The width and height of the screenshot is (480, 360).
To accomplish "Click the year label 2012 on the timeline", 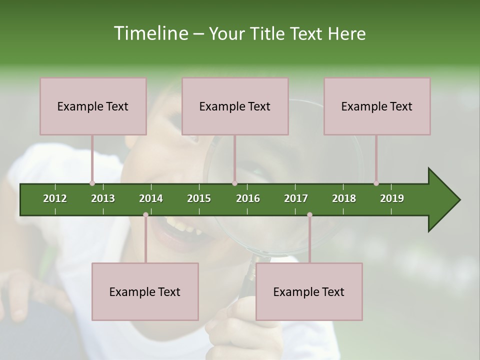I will [x=55, y=198].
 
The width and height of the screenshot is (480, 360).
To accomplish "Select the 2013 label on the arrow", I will [x=103, y=198].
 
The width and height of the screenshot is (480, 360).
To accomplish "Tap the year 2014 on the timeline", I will [x=151, y=198].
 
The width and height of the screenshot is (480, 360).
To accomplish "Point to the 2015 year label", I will [x=199, y=198].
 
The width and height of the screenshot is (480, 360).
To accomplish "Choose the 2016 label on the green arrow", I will [x=248, y=198].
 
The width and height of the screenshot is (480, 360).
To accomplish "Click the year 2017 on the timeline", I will [x=296, y=198].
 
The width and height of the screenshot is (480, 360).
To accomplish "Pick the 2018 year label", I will [x=344, y=198].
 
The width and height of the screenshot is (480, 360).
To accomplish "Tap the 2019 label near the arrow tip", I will [x=392, y=198].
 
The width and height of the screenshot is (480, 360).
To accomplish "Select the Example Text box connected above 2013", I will [x=93, y=106].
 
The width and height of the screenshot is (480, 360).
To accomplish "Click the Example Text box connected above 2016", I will [x=235, y=106].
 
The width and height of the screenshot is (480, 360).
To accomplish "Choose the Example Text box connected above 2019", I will [x=377, y=106].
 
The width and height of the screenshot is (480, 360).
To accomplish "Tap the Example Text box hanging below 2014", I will [x=145, y=291].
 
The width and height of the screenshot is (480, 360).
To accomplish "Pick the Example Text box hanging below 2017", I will [x=309, y=291].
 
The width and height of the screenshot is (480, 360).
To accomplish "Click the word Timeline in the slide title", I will [x=150, y=33].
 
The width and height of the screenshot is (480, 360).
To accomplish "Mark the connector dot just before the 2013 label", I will [x=92, y=183].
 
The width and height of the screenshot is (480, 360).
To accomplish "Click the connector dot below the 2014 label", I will [x=145, y=215].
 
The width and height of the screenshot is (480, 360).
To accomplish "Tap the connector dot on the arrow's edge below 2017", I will [x=309, y=215].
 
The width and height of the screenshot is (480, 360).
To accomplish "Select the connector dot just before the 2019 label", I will [x=376, y=183].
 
